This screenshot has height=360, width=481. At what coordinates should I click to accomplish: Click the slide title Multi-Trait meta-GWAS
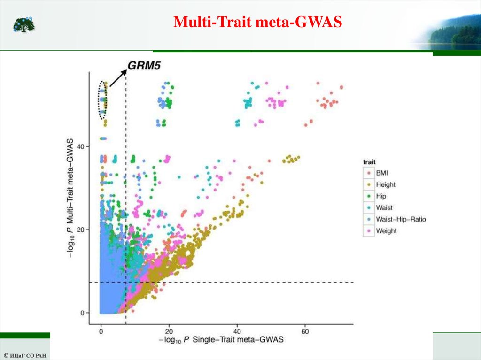[x=257, y=22]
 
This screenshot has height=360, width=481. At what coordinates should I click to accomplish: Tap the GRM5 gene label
[x=144, y=66]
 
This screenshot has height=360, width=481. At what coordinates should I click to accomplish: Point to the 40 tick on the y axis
[x=81, y=146]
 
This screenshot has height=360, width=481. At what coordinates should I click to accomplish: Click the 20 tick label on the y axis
[x=81, y=230]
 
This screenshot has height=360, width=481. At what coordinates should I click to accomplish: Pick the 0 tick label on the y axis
[x=82, y=313]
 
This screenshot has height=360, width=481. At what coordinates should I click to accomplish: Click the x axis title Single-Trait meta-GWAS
[x=221, y=339]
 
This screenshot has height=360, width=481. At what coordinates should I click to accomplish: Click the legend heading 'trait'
[x=370, y=162]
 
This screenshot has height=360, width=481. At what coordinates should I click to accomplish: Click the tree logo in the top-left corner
[x=24, y=24]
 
